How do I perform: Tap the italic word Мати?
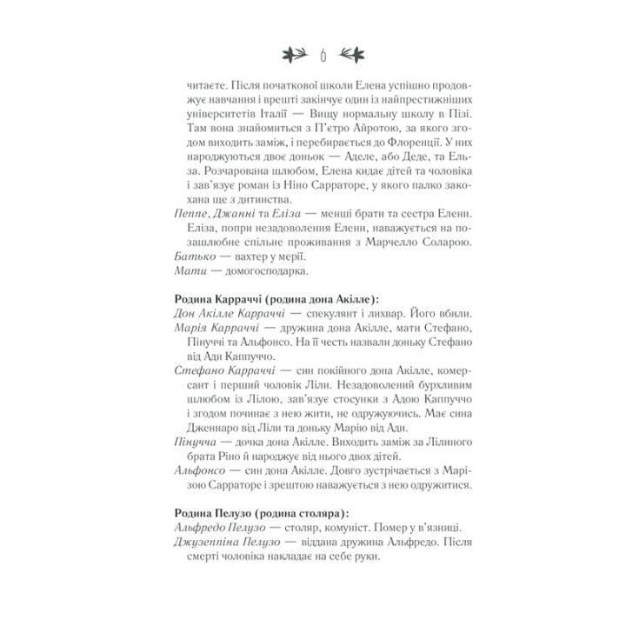tap(189, 272)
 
